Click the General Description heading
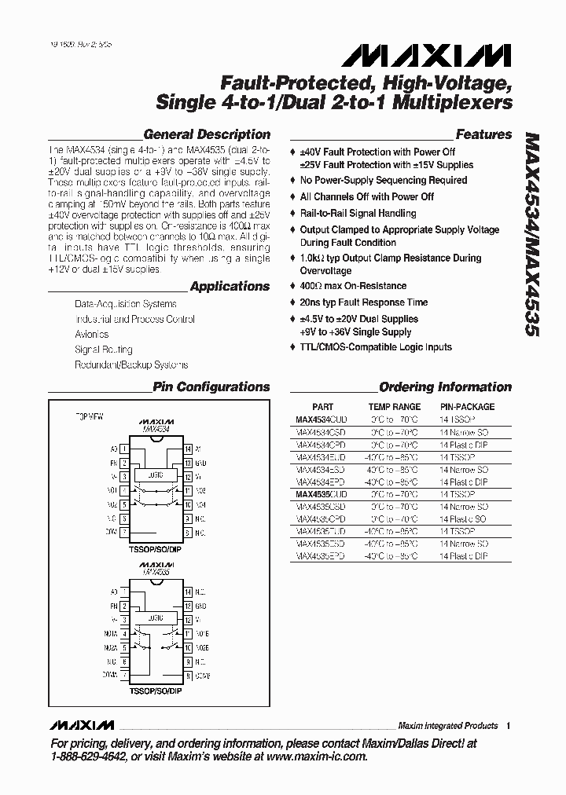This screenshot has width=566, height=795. [x=207, y=134]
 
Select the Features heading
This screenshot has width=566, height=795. [x=483, y=134]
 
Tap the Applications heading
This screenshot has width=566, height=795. [x=230, y=287]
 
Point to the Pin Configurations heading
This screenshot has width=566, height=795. [x=211, y=387]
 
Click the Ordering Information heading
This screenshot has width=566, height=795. [x=445, y=387]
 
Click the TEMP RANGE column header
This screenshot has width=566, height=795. [x=394, y=407]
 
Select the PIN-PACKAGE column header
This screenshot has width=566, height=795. [x=467, y=407]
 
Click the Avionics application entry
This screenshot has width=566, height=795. [x=93, y=334]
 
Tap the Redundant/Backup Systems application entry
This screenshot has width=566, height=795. [x=131, y=365]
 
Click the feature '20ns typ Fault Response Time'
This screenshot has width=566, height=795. [x=363, y=302]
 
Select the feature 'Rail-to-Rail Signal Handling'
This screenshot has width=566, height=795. [x=358, y=213]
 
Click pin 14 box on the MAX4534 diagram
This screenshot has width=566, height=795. [x=188, y=449]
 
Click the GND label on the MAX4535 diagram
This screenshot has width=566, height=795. [x=201, y=606]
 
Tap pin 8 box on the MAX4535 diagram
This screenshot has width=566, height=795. [x=188, y=675]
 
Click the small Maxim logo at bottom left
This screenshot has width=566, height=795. [x=81, y=724]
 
